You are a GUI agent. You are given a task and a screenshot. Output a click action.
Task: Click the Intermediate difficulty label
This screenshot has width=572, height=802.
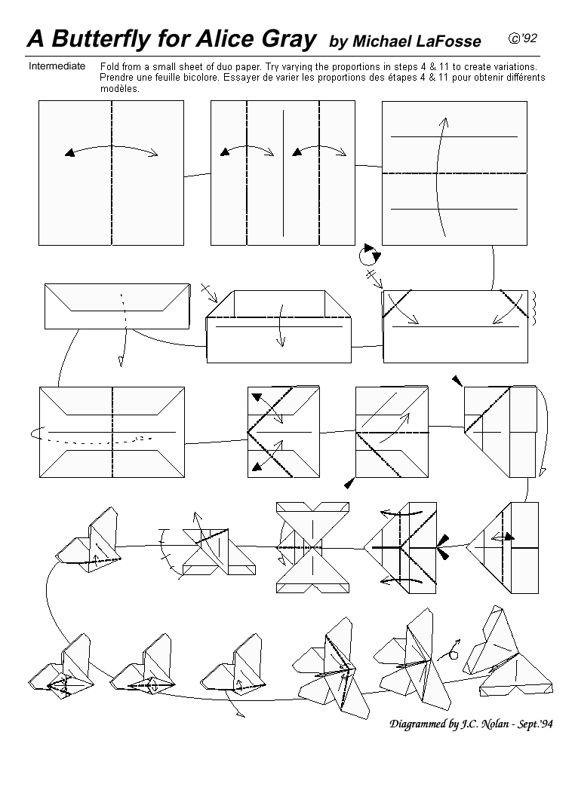[x=57, y=66]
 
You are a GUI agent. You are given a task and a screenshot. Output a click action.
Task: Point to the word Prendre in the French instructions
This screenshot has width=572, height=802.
[x=118, y=78]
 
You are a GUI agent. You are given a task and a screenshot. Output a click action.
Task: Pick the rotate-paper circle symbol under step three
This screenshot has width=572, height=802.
[x=369, y=256]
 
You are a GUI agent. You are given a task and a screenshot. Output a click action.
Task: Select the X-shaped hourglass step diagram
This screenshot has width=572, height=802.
[x=312, y=544]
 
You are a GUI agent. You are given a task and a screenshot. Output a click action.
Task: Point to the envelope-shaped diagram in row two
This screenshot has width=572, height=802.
[x=117, y=305]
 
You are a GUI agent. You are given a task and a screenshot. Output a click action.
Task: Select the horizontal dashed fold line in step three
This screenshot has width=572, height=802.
[x=454, y=173]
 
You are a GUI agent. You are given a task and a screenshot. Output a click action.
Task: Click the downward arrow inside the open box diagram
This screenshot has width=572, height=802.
[x=280, y=326]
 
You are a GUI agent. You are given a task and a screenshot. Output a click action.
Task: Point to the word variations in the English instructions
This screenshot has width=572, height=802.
[x=514, y=67]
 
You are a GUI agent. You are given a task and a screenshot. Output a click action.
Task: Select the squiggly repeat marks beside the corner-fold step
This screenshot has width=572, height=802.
[x=534, y=305]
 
